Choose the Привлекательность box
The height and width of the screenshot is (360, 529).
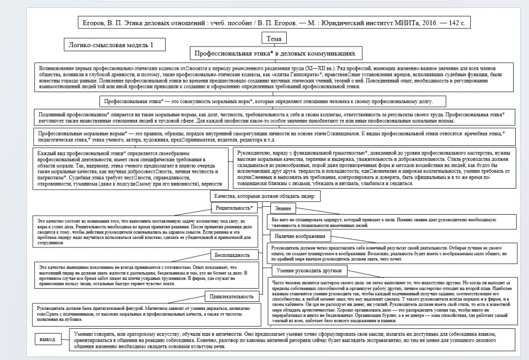coord(233,296)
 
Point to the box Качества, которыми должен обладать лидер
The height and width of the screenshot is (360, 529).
coord(264,196)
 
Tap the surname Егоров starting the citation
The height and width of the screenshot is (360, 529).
coord(95,24)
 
